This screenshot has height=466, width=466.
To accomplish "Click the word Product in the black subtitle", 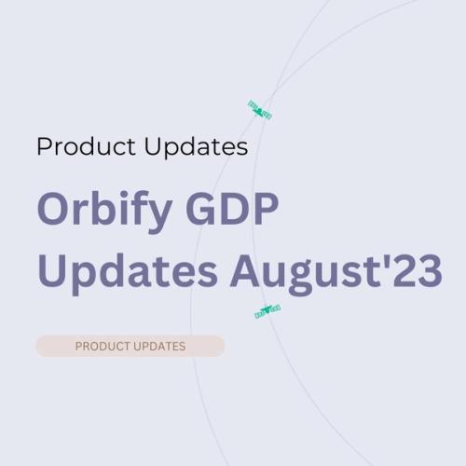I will click(x=85, y=147).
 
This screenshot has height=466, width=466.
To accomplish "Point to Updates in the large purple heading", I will click(x=128, y=271).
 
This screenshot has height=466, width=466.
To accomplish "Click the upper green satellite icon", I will click(x=259, y=109).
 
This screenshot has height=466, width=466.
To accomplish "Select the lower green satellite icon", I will click(x=267, y=311).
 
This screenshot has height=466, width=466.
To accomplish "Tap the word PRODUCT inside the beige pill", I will click(x=102, y=347).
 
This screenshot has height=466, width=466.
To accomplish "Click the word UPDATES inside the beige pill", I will click(x=158, y=347).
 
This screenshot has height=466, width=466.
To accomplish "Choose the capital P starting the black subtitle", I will click(x=44, y=147).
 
